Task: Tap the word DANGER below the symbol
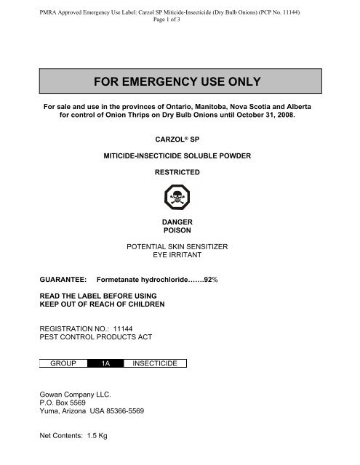[x=179, y=221]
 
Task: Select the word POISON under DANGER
[x=179, y=230]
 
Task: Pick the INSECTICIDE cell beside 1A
[x=155, y=363]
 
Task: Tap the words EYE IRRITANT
[x=179, y=256]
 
